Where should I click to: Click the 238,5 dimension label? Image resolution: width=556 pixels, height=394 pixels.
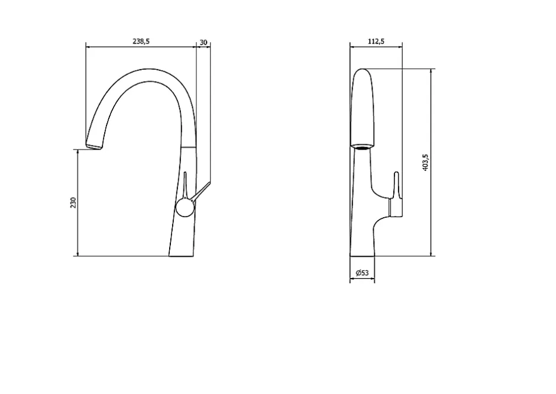[141, 41]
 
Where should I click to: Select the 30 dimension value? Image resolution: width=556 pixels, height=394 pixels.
[203, 42]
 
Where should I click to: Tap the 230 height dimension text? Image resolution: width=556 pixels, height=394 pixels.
[73, 202]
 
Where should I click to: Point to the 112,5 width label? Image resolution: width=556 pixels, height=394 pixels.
[376, 41]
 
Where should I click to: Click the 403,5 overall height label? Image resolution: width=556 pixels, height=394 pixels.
[425, 163]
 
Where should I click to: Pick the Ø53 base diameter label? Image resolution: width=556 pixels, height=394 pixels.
[362, 272]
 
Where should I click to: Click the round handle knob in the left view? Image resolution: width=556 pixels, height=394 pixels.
[185, 208]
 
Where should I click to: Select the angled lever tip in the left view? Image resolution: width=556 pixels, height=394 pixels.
[209, 183]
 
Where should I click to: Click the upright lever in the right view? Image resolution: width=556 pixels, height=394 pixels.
[396, 185]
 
